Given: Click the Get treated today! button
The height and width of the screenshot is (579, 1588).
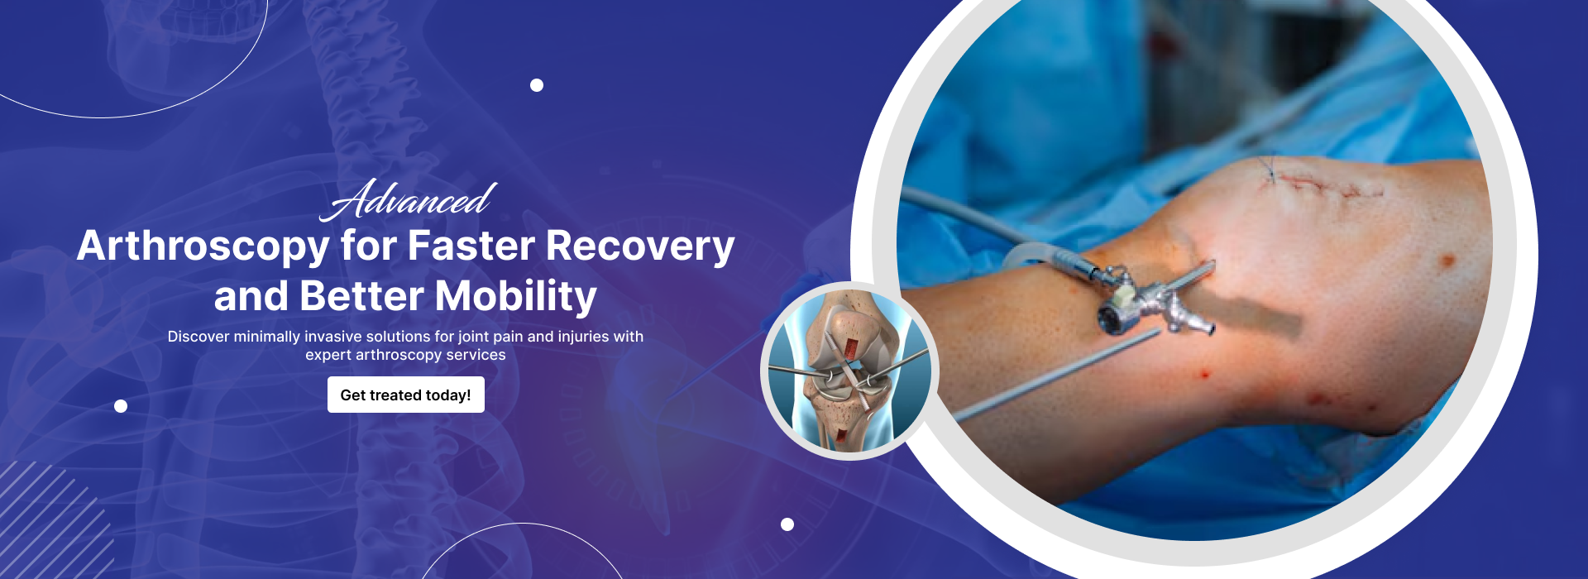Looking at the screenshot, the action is click(x=405, y=395).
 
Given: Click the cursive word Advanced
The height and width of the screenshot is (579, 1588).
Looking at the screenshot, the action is click(x=409, y=200).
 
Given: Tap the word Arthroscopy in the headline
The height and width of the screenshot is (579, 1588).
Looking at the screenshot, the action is click(x=203, y=247).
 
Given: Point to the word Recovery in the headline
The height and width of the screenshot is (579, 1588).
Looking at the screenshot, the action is click(x=640, y=247).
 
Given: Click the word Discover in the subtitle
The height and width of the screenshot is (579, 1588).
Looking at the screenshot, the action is click(x=198, y=337).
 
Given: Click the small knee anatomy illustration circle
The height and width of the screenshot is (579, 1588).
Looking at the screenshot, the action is click(x=849, y=371).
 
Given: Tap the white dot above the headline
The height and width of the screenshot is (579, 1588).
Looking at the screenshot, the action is click(x=537, y=85).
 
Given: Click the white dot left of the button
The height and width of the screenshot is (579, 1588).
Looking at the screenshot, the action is click(x=121, y=406).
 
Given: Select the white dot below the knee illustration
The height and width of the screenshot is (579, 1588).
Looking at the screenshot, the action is click(x=787, y=524).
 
